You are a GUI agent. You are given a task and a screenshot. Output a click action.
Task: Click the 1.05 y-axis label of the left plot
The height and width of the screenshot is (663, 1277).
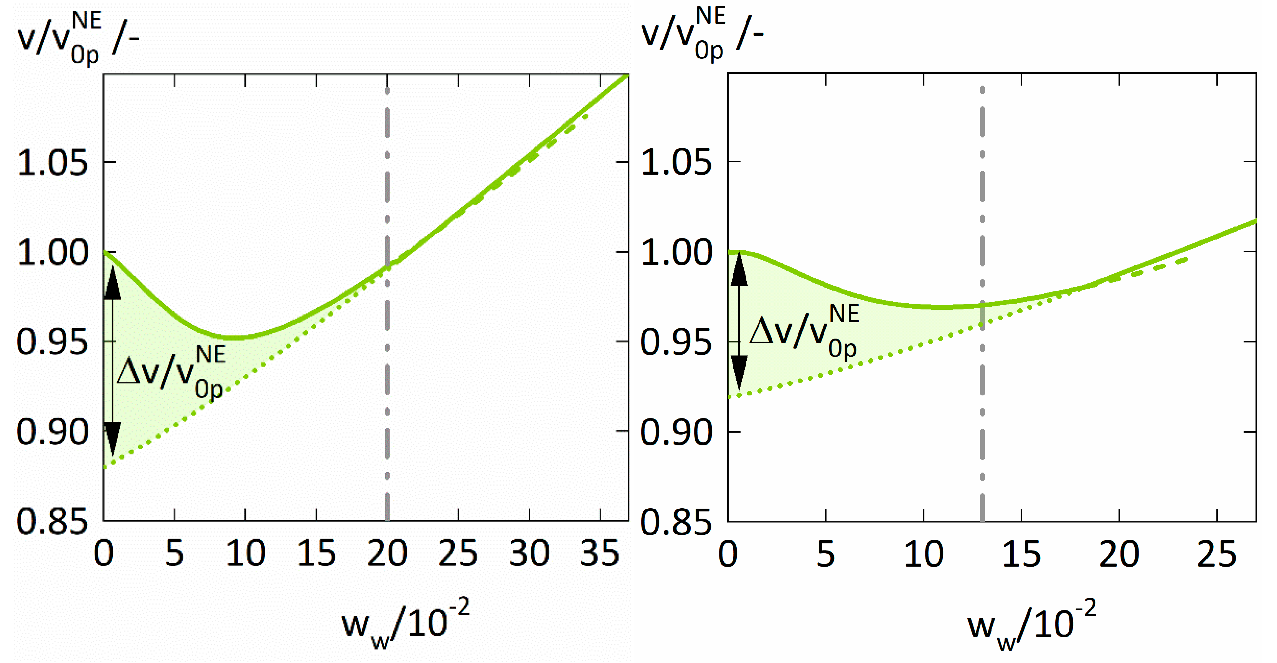(52, 163)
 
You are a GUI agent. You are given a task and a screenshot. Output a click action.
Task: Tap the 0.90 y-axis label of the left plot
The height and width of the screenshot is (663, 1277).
(52, 432)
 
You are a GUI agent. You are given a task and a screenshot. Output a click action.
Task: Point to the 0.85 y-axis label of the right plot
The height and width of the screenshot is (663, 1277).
(676, 522)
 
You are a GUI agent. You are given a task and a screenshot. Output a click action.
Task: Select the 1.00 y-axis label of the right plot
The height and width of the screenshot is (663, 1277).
(676, 252)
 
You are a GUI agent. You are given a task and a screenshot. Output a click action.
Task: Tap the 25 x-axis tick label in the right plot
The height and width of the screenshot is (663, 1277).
(1216, 554)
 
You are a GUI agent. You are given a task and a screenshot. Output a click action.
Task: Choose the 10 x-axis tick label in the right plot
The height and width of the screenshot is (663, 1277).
(924, 554)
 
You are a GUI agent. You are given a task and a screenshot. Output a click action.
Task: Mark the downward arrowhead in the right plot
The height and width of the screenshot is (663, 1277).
(739, 372)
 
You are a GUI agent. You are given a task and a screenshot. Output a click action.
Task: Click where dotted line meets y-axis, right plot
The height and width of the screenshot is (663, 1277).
(729, 397)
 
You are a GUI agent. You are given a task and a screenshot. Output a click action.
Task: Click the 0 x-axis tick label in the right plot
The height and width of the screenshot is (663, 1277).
(728, 554)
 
